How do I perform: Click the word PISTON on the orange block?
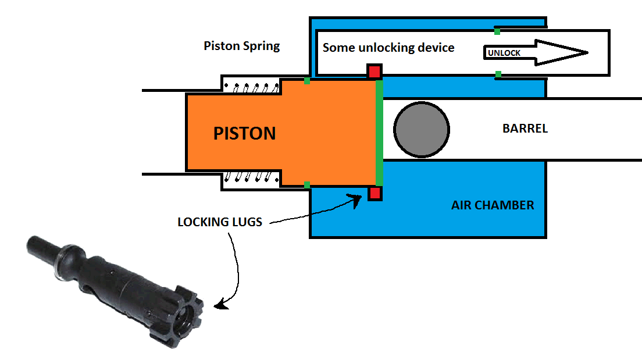pyautogui.click(x=244, y=133)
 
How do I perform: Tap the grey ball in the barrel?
pyautogui.click(x=422, y=130)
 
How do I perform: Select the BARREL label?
pyautogui.click(x=525, y=129)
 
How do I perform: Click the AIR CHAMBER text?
pyautogui.click(x=493, y=205)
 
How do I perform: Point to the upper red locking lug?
pyautogui.click(x=374, y=72)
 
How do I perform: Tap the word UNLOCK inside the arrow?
pyautogui.click(x=504, y=53)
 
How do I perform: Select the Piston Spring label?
pyautogui.click(x=242, y=46)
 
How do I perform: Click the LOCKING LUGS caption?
pyautogui.click(x=220, y=222)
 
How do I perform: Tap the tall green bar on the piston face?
pyautogui.click(x=379, y=133)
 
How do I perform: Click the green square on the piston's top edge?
pyautogui.click(x=307, y=81)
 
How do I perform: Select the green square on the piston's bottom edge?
pyautogui.click(x=307, y=185)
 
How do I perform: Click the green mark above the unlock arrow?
pyautogui.click(x=497, y=30)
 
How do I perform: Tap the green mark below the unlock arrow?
pyautogui.click(x=498, y=74)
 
